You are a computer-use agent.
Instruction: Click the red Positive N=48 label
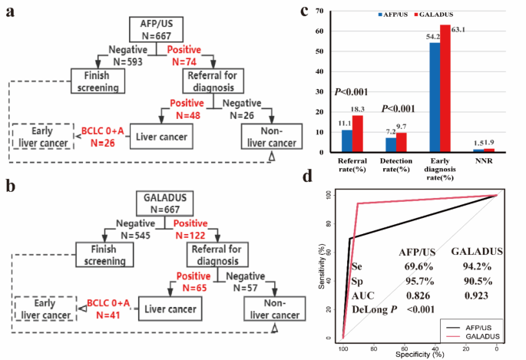(187, 108)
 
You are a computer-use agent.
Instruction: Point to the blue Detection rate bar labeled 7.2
(391, 144)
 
